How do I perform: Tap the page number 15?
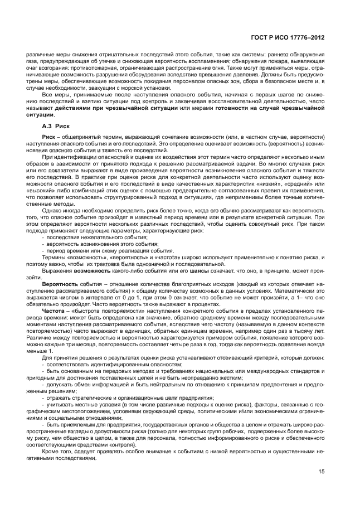click(322, 472)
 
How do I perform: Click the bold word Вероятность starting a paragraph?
click(59, 283)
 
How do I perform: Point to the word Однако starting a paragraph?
click(53, 211)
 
